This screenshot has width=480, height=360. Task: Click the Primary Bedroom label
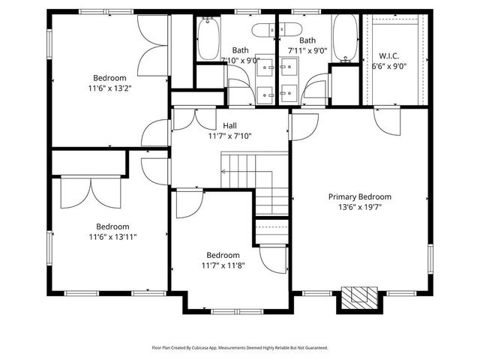click(x=360, y=197)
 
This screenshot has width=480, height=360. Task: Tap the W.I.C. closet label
click(x=388, y=55)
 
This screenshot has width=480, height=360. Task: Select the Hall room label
click(x=229, y=125)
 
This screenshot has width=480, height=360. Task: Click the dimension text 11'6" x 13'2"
click(x=110, y=88)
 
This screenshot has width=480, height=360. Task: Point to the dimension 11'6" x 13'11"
click(x=111, y=237)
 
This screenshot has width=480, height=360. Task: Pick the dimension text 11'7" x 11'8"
click(x=223, y=265)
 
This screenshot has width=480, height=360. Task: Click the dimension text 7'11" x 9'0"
click(x=307, y=51)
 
